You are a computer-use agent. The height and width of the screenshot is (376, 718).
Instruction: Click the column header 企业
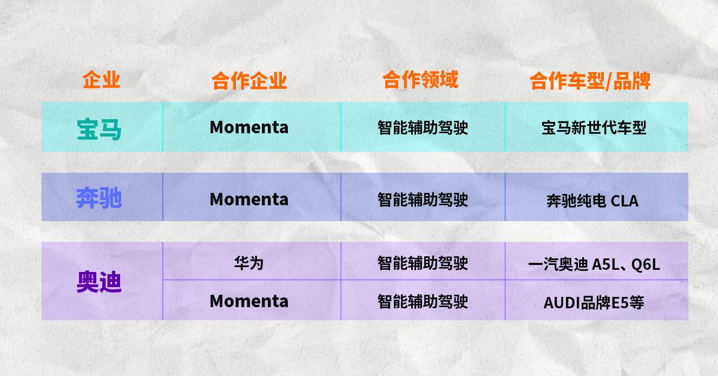tap(101, 80)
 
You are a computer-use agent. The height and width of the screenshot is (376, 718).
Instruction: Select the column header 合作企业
tap(249, 81)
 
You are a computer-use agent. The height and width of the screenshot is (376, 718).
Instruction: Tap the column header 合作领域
tap(420, 80)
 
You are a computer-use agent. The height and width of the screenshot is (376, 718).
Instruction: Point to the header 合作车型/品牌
tap(590, 81)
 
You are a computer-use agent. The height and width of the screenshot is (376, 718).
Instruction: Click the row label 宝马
tap(99, 129)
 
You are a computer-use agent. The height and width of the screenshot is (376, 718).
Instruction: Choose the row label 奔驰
tap(99, 198)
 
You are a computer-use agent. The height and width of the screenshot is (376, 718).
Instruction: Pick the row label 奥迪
tap(99, 282)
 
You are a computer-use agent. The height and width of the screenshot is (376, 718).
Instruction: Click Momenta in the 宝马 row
tap(249, 127)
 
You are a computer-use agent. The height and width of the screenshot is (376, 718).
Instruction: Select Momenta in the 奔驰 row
tap(249, 199)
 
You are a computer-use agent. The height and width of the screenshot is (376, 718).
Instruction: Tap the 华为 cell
tap(249, 263)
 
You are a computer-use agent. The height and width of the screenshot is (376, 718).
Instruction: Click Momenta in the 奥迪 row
tap(249, 301)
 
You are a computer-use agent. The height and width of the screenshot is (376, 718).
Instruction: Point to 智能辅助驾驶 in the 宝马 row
tap(423, 128)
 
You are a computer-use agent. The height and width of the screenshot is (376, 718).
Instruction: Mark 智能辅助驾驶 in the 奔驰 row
tap(423, 200)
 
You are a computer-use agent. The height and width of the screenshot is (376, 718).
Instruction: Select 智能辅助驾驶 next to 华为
tap(423, 263)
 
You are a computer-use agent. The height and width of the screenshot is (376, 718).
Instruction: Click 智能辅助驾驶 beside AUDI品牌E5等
tap(423, 302)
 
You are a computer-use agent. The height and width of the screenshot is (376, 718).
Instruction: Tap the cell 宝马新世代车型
tap(594, 128)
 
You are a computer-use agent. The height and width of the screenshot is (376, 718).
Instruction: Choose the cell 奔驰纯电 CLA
tap(592, 201)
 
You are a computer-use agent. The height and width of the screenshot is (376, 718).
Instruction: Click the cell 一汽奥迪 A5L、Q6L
tap(594, 265)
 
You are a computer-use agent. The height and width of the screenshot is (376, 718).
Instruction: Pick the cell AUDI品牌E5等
tap(594, 303)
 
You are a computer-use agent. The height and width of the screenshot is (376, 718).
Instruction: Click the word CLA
tap(624, 201)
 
